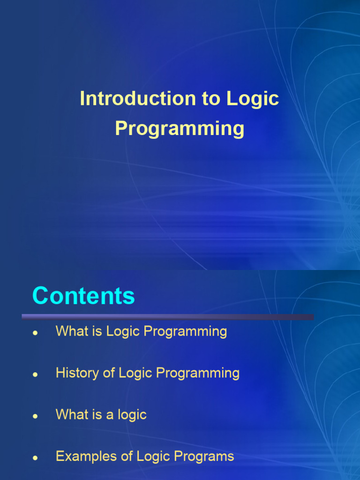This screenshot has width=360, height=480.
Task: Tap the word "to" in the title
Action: click(x=211, y=99)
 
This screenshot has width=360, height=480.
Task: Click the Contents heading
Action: click(x=83, y=296)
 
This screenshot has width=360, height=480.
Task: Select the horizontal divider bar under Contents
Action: click(x=168, y=317)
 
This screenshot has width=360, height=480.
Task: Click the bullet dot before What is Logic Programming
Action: click(x=35, y=333)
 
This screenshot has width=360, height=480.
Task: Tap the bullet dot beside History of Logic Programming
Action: click(x=35, y=375)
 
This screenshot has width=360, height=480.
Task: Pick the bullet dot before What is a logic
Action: click(x=35, y=416)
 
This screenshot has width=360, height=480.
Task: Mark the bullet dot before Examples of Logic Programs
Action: click(x=35, y=458)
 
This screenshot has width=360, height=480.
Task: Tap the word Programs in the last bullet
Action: click(x=204, y=457)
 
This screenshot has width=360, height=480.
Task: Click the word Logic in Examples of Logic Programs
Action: click(x=153, y=457)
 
